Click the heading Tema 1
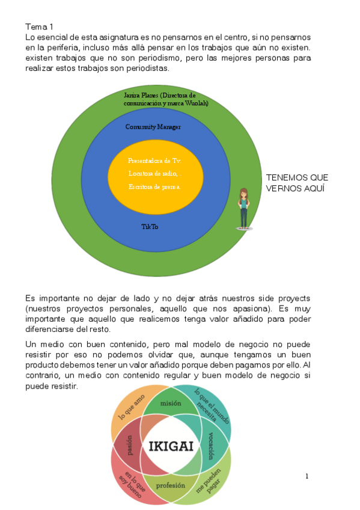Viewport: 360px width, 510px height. [39, 27]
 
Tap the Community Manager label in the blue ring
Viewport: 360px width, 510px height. [153, 127]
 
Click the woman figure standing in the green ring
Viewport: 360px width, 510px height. [244, 208]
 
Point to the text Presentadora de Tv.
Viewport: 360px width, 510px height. [154, 161]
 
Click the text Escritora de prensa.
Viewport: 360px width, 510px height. [154, 186]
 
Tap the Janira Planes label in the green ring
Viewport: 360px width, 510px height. [160, 99]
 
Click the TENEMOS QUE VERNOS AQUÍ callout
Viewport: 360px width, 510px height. [297, 183]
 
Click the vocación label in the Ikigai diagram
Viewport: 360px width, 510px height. [212, 446]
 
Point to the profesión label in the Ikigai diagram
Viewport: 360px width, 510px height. [171, 485]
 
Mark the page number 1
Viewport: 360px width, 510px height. [307, 477]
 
